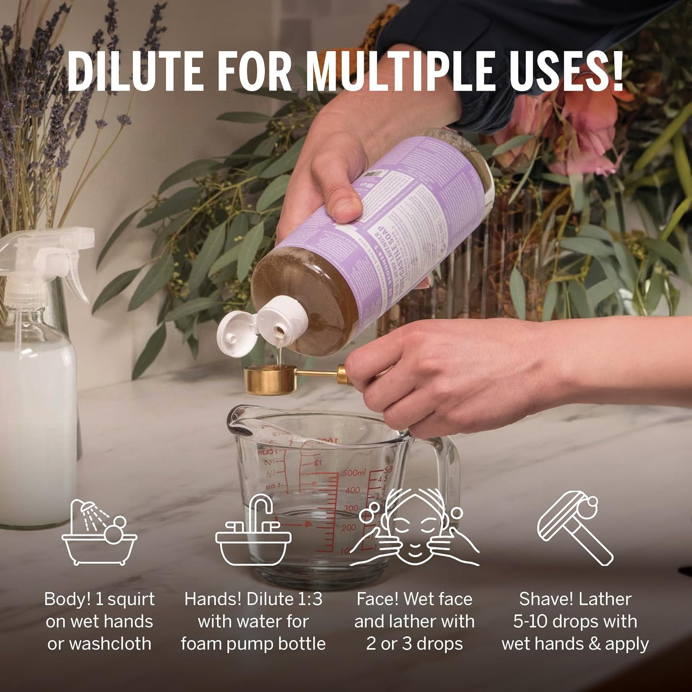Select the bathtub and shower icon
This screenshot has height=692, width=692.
point(100,533)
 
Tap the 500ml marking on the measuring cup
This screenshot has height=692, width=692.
point(354,473)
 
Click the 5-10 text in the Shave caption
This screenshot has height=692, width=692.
point(529,621)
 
